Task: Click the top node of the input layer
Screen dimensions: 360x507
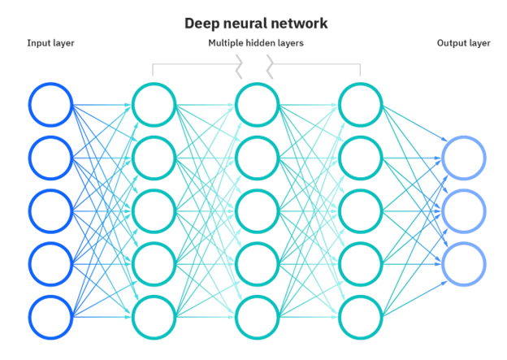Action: coord(50,102)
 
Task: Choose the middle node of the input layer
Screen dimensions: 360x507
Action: coord(50,208)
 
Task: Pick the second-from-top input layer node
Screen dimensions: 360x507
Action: coord(50,155)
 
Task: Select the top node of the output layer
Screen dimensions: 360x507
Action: coord(465,155)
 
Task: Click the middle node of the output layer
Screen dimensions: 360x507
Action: coord(465,208)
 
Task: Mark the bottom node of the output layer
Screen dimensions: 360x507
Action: coord(465,262)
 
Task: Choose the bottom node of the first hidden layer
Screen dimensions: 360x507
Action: coord(154,315)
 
